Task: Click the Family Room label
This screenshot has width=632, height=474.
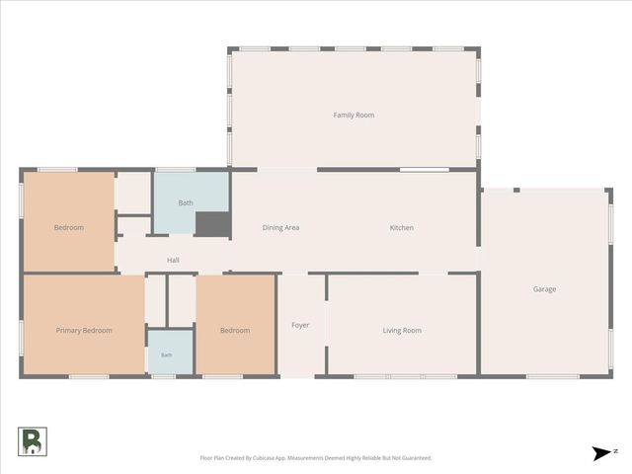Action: (354, 116)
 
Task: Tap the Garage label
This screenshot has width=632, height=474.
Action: (544, 289)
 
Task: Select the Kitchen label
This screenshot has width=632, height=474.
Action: (402, 228)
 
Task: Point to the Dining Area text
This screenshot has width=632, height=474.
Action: (280, 228)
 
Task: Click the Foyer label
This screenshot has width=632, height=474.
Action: (300, 325)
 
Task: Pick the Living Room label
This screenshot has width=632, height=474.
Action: (402, 331)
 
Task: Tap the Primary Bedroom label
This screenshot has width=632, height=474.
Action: (84, 331)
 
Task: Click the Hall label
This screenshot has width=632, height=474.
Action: (173, 261)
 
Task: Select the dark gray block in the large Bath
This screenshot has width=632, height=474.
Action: (213, 224)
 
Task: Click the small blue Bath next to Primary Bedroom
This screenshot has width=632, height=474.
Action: (171, 353)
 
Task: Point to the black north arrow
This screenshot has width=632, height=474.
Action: (601, 453)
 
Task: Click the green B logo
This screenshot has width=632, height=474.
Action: (33, 441)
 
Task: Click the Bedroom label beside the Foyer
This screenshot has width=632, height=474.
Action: (235, 331)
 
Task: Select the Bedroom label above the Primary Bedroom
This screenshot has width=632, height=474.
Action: (69, 228)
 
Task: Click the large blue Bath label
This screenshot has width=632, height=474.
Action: (186, 203)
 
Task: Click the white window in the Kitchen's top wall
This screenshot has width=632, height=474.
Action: (424, 170)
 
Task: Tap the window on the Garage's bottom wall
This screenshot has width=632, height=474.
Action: (553, 376)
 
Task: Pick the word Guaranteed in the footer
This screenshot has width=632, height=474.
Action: (417, 458)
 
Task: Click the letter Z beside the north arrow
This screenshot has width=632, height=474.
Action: (615, 451)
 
